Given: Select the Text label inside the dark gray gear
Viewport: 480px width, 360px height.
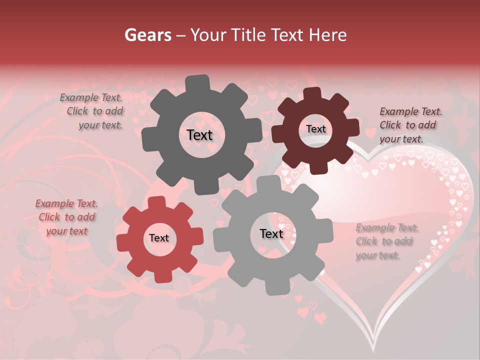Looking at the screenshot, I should pyautogui.click(x=199, y=135).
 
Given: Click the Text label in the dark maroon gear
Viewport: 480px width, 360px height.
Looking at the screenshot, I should pyautogui.click(x=315, y=129).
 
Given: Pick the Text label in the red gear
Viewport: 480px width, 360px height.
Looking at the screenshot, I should pyautogui.click(x=159, y=238).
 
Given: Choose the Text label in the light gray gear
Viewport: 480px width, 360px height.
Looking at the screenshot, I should pyautogui.click(x=271, y=233).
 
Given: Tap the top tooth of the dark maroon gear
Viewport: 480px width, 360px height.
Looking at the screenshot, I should pyautogui.click(x=312, y=93).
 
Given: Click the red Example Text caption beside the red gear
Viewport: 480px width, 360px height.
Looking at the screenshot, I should pyautogui.click(x=66, y=217).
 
